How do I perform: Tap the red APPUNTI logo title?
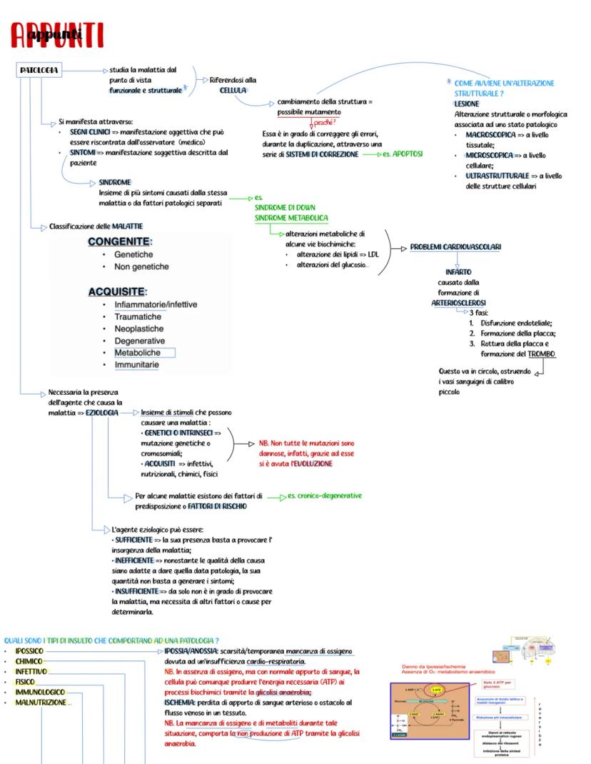pyautogui.click(x=57, y=35)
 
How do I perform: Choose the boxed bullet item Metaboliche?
pyautogui.click(x=138, y=353)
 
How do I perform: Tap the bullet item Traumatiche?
pyautogui.click(x=138, y=316)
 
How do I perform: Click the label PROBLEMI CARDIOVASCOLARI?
pyautogui.click(x=455, y=247)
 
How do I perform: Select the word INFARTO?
pyautogui.click(x=458, y=272)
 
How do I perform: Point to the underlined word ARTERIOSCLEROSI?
pyautogui.click(x=458, y=303)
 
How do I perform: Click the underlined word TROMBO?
pyautogui.click(x=542, y=354)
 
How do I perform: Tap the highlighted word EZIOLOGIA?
pyautogui.click(x=102, y=413)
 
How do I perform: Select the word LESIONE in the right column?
pyautogui.click(x=467, y=104)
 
